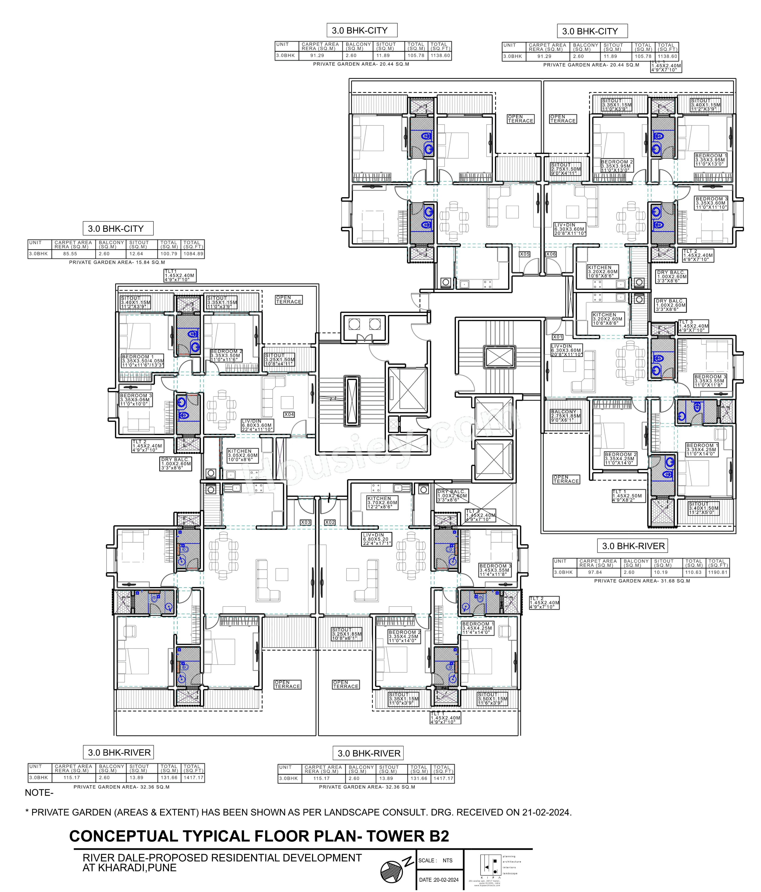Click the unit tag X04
tap(289, 414)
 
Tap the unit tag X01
tap(558, 337)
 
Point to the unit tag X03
tap(305, 522)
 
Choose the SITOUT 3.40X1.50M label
tap(704, 508)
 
